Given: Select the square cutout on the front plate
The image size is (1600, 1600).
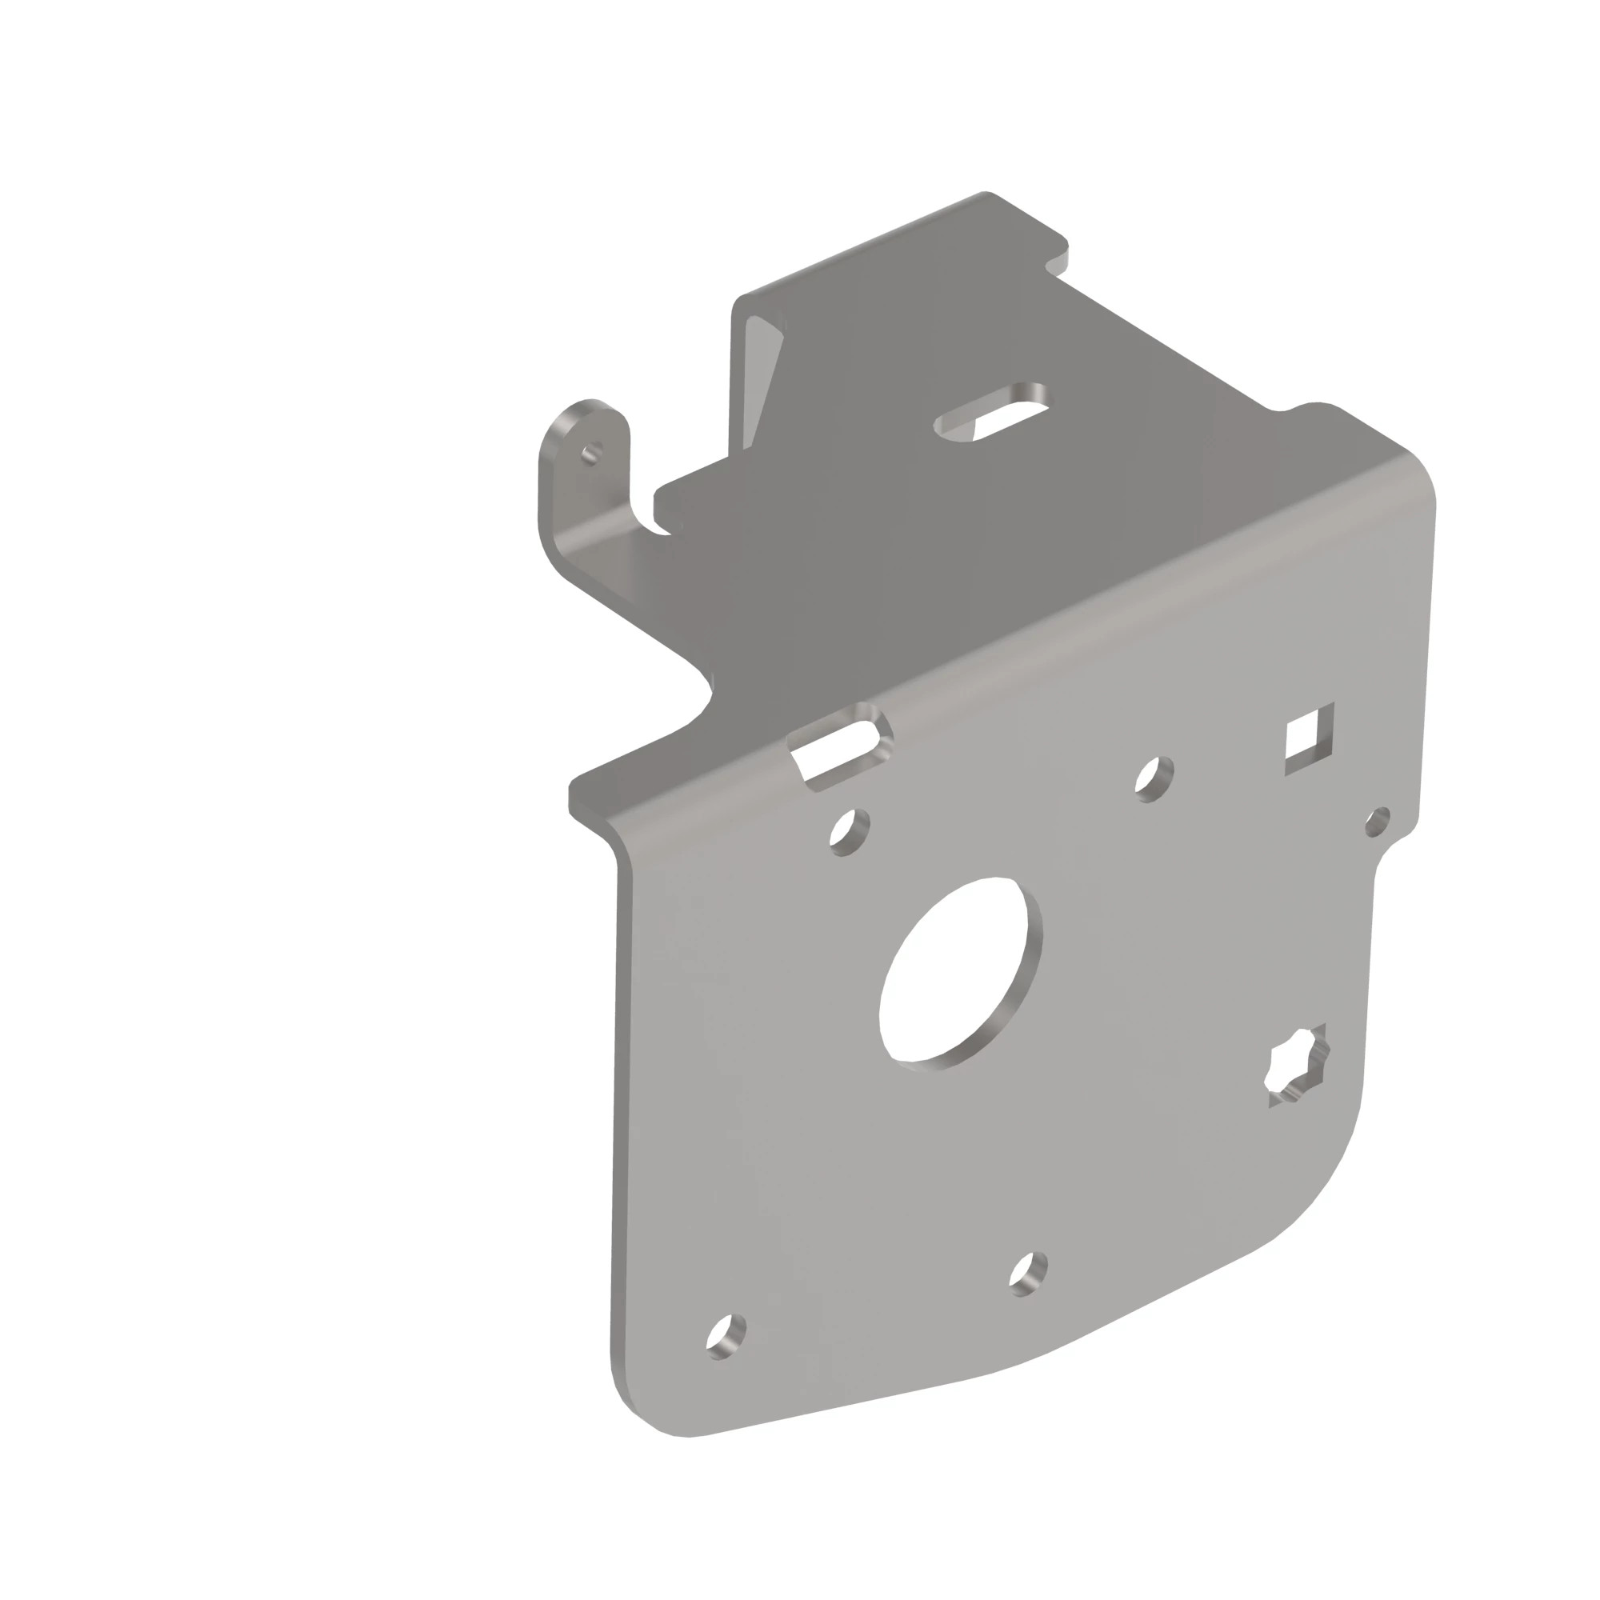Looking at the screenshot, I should tap(1309, 738).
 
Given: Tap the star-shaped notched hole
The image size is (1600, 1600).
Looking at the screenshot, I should tap(1300, 1064).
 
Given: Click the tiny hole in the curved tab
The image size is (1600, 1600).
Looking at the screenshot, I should tap(590, 453).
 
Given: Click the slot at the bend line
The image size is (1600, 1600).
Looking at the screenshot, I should tap(841, 745).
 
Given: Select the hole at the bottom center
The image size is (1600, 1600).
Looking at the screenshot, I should tap(1029, 1273).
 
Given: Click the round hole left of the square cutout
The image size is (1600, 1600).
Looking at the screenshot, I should tap(1154, 778).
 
